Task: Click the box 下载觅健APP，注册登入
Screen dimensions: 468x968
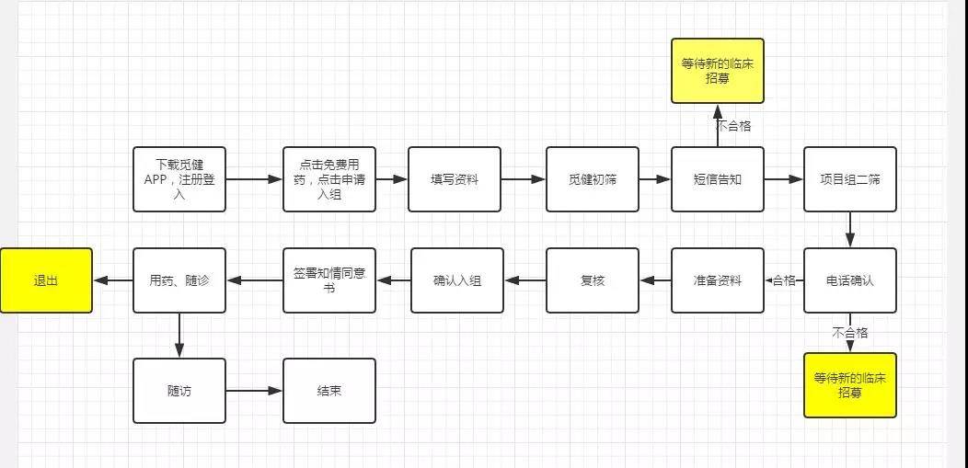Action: (179, 179)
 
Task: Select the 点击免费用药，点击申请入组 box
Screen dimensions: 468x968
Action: (329, 179)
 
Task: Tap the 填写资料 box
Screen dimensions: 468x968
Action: (455, 179)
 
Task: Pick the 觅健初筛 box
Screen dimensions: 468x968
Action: (592, 179)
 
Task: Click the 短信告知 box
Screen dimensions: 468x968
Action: (717, 179)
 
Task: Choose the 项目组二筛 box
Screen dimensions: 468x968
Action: (849, 179)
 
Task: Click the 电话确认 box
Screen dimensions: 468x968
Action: (849, 280)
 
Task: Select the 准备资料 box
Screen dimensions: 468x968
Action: (717, 280)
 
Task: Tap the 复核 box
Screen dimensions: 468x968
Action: (592, 280)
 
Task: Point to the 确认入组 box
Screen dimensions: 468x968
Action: (457, 280)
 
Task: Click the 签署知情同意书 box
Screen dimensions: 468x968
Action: (329, 280)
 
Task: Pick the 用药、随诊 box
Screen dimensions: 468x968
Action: (179, 280)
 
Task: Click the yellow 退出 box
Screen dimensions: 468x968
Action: (46, 280)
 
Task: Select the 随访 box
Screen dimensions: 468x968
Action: (179, 391)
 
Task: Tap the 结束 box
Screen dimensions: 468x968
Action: (329, 391)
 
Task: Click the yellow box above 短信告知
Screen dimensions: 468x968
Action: (717, 71)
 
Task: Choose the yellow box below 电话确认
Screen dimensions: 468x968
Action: (849, 384)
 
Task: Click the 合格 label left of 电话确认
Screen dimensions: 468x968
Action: (784, 280)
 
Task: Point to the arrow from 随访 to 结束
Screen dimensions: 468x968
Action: (254, 391)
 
